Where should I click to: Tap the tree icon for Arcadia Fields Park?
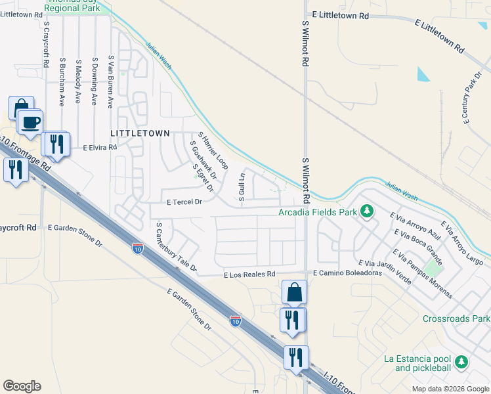(x=368, y=211)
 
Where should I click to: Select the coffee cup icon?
(x=30, y=121)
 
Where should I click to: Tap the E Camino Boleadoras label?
(x=347, y=273)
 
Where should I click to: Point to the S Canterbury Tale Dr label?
(x=176, y=247)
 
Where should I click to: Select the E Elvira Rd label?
(x=100, y=148)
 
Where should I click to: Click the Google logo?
(x=22, y=386)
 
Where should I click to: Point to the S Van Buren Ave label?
(x=111, y=82)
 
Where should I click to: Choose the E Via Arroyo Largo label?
(x=467, y=243)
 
